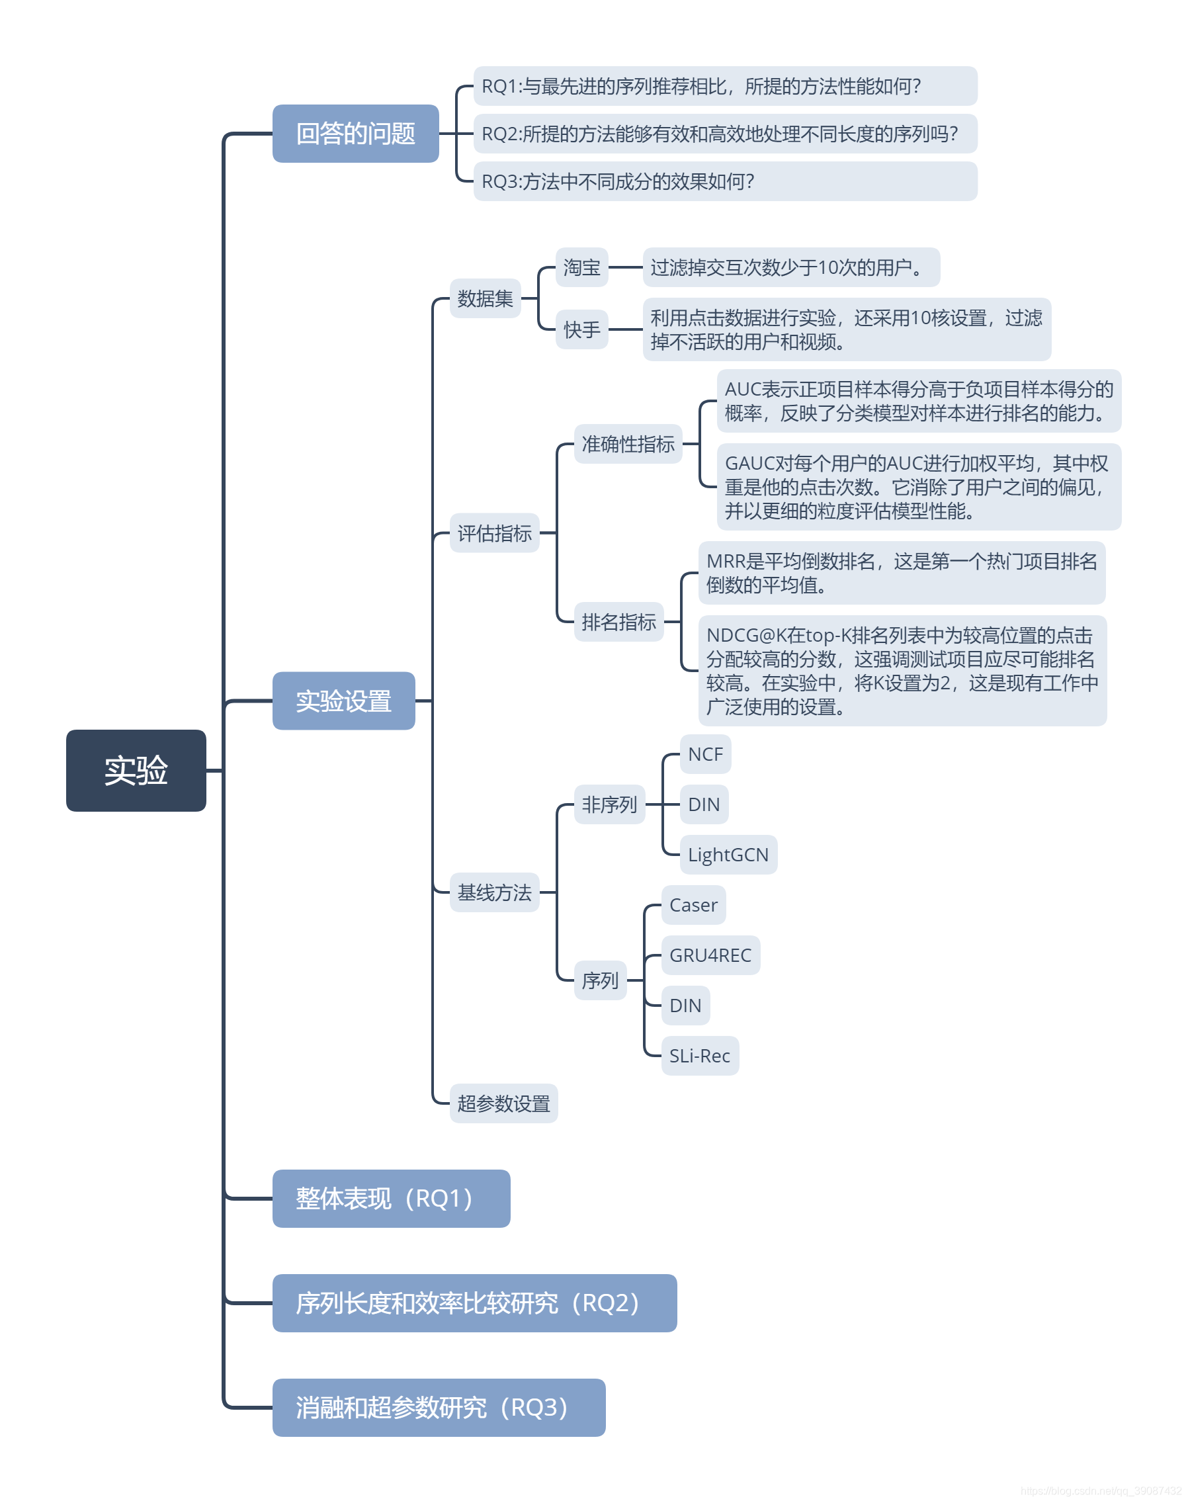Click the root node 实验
click(x=136, y=770)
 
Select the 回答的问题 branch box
click(x=355, y=133)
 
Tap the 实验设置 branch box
click(x=343, y=701)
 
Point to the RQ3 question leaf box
click(x=725, y=181)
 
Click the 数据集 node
click(x=485, y=298)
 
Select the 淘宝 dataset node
click(x=581, y=267)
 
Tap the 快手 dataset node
click(x=581, y=329)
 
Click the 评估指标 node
click(x=494, y=533)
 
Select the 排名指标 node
click(x=618, y=621)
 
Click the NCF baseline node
click(x=704, y=754)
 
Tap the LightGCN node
click(x=728, y=854)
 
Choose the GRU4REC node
click(x=710, y=955)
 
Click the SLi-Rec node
click(x=699, y=1056)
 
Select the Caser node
click(x=693, y=905)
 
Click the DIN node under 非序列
click(x=703, y=804)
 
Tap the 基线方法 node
click(x=494, y=892)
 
